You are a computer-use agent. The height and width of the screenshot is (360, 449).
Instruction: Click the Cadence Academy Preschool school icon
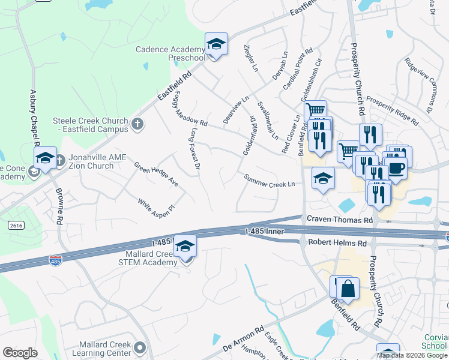(x=216, y=44)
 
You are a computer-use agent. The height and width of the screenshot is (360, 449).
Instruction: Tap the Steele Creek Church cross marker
(x=137, y=124)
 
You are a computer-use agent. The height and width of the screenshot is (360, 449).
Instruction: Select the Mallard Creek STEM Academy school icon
(x=185, y=247)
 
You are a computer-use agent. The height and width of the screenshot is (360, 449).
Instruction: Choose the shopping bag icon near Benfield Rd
(x=348, y=289)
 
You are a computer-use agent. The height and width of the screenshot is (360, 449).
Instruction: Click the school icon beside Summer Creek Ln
(x=323, y=178)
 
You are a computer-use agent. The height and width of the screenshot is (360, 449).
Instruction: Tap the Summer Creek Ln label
(x=270, y=180)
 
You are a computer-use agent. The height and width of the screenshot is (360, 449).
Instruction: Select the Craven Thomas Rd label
(x=339, y=220)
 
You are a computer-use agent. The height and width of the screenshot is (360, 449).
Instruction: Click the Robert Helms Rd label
(x=337, y=243)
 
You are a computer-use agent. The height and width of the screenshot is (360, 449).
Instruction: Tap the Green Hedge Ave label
(x=155, y=173)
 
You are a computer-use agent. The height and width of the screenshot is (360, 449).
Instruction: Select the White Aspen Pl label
(x=156, y=206)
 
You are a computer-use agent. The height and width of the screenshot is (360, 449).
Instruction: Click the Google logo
(x=20, y=353)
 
